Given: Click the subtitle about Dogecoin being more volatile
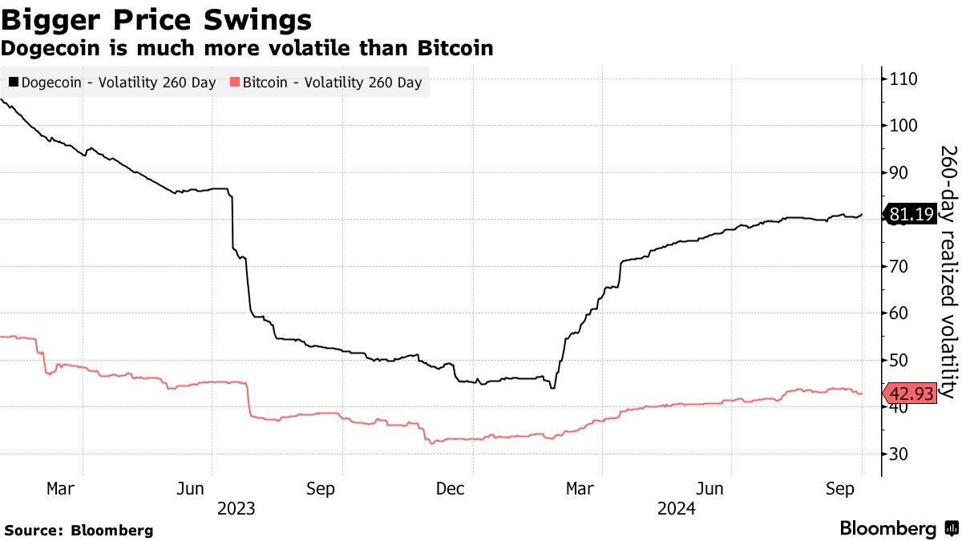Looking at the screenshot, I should (x=246, y=48).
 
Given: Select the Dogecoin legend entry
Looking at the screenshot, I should (x=112, y=83).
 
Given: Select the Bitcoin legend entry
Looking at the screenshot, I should (x=325, y=83).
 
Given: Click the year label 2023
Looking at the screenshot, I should (x=235, y=508).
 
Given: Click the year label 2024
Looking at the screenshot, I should (x=676, y=508).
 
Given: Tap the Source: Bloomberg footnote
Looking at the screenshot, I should (x=79, y=531).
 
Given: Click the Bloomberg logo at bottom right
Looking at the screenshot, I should (x=898, y=529).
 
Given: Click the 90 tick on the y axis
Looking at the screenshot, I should (x=900, y=172).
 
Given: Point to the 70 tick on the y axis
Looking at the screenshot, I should (x=900, y=266).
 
